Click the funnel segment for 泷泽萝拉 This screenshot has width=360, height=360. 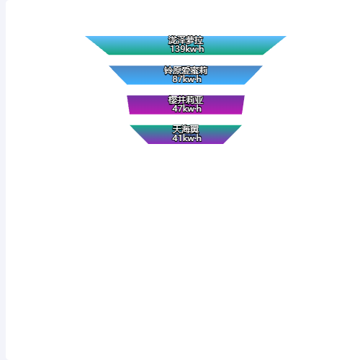click(x=186, y=45)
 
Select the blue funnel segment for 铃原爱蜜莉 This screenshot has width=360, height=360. click(x=186, y=75)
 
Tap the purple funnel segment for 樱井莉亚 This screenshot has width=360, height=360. click(x=186, y=104)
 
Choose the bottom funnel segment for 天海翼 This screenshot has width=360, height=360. click(x=186, y=135)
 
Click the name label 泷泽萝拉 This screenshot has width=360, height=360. click(x=186, y=40)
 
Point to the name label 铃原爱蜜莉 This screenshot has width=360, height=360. click(x=186, y=71)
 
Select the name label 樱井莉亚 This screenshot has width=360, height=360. click(x=186, y=100)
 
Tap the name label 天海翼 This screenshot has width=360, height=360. click(x=186, y=130)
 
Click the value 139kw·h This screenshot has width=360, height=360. click(x=187, y=49)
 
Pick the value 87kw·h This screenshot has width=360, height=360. click(x=187, y=79)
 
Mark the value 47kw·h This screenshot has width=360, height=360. click(x=187, y=109)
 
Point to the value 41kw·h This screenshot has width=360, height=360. click(x=187, y=138)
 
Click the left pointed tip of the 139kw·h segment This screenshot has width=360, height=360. click(x=86, y=36)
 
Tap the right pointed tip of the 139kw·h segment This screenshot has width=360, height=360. click(x=286, y=36)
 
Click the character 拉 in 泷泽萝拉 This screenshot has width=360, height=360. click(x=199, y=40)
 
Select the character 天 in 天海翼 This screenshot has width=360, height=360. click(x=177, y=130)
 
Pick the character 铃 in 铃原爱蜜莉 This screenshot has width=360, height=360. click(x=168, y=71)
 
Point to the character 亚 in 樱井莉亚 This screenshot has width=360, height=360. click(x=199, y=100)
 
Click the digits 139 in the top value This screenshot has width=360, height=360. click(x=177, y=49)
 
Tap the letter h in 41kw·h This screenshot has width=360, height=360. click(x=199, y=138)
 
